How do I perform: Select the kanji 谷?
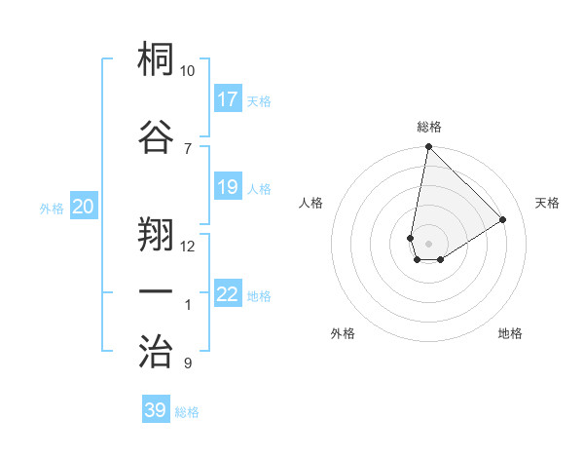[157, 136]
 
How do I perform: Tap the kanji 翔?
[157, 234]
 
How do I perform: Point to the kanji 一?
[157, 291]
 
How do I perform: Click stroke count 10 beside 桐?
[188, 71]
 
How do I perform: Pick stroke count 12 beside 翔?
[188, 246]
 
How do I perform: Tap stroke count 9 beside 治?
[188, 364]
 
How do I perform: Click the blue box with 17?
[228, 99]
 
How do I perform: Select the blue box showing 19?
[228, 187]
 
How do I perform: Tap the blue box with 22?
[228, 294]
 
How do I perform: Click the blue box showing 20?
[84, 207]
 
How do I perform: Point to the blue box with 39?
[156, 410]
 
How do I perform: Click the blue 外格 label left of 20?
[52, 208]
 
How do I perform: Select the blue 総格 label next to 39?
[187, 412]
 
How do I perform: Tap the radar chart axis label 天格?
[547, 203]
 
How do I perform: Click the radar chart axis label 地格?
[510, 333]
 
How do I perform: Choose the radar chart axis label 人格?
[310, 203]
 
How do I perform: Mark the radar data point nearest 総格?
[428, 148]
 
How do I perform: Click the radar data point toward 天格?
[503, 220]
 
